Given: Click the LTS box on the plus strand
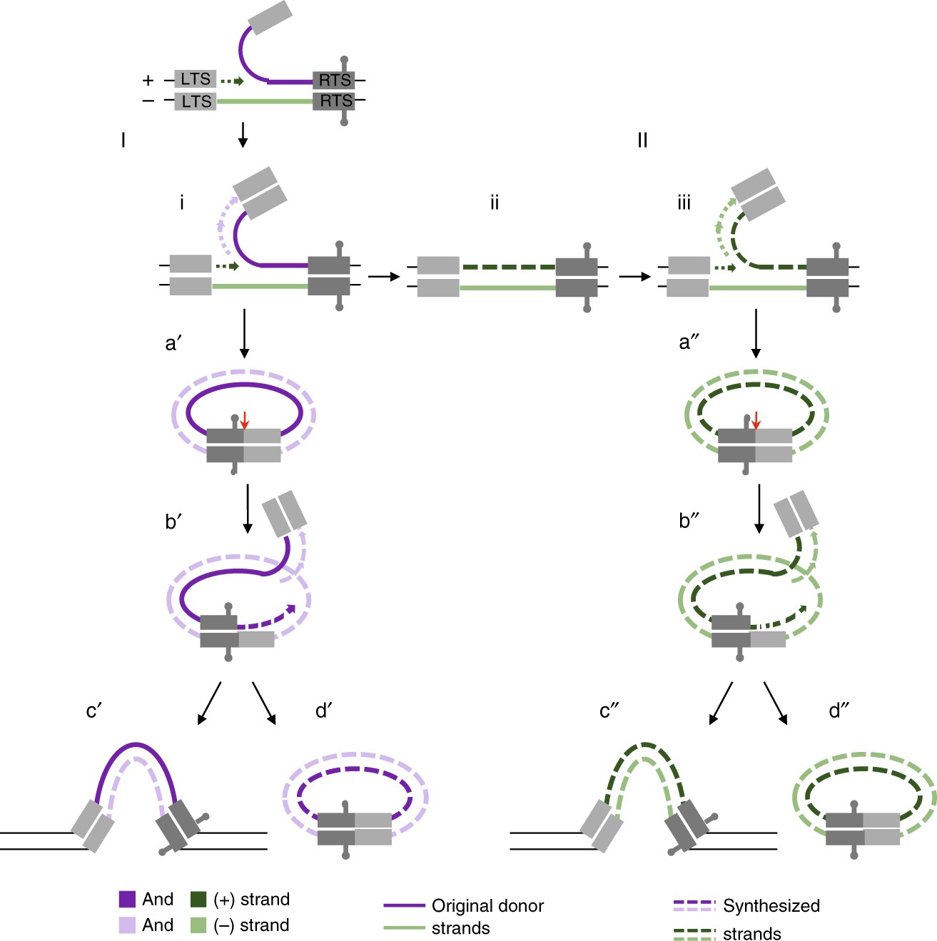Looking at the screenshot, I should click(x=196, y=79).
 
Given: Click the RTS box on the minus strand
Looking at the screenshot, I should click(x=335, y=101).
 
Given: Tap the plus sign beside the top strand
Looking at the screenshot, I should click(x=148, y=80).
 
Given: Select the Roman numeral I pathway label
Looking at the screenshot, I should click(x=123, y=141).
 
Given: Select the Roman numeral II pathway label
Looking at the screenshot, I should click(x=642, y=141).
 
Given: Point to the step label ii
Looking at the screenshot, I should click(x=494, y=203).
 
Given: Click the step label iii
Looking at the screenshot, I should click(x=684, y=203).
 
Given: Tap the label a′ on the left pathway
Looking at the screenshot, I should click(x=174, y=344).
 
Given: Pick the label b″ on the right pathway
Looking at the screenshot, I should click(x=689, y=522).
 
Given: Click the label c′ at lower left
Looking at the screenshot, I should click(x=94, y=711).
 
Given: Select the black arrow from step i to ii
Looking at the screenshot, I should click(x=384, y=277).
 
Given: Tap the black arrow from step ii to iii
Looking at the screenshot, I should click(x=635, y=277).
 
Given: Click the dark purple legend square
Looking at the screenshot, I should click(x=127, y=899).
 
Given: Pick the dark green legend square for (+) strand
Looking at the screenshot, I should click(x=198, y=899).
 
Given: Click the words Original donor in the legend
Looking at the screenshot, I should click(x=487, y=906).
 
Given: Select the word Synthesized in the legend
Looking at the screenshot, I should click(x=771, y=906).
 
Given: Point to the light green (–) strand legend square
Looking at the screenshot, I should click(x=198, y=925).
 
